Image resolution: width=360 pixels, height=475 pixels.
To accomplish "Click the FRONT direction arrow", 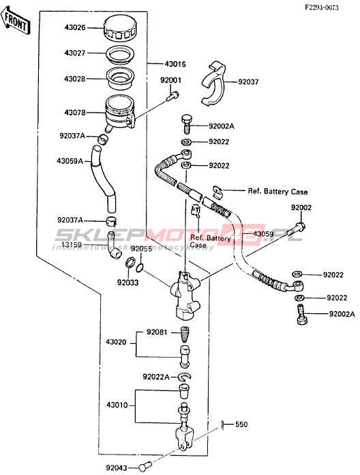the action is pyautogui.click(x=16, y=21).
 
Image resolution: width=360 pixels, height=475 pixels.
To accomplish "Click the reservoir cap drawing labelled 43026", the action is pyautogui.click(x=119, y=29).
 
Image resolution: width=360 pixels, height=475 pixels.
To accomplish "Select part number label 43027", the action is pyautogui.click(x=75, y=53).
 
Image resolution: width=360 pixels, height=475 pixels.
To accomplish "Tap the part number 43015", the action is pyautogui.click(x=175, y=64).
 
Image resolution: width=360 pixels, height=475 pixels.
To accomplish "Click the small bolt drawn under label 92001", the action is pyautogui.click(x=172, y=96).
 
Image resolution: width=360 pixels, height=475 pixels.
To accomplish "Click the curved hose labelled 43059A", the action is pyautogui.click(x=103, y=178).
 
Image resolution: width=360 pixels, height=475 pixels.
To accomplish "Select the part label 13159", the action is pyautogui.click(x=72, y=245).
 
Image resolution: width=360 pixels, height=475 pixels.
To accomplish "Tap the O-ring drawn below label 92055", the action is pyautogui.click(x=140, y=268).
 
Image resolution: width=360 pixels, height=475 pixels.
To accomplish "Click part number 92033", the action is pyautogui.click(x=127, y=283).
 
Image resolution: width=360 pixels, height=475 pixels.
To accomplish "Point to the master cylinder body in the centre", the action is pyautogui.click(x=185, y=294).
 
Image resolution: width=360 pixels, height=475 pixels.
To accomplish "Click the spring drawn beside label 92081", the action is pyautogui.click(x=185, y=334).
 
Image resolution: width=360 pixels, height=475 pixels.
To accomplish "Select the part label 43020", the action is pyautogui.click(x=116, y=343).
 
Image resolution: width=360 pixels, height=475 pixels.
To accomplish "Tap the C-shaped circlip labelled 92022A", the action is pyautogui.click(x=184, y=377).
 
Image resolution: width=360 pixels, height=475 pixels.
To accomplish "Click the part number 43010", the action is pyautogui.click(x=117, y=405).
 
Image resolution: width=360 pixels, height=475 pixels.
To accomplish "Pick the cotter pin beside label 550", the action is pyautogui.click(x=222, y=424).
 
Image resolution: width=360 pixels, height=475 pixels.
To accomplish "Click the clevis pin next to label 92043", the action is pyautogui.click(x=145, y=467).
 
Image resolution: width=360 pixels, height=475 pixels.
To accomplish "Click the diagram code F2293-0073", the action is pyautogui.click(x=322, y=8).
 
